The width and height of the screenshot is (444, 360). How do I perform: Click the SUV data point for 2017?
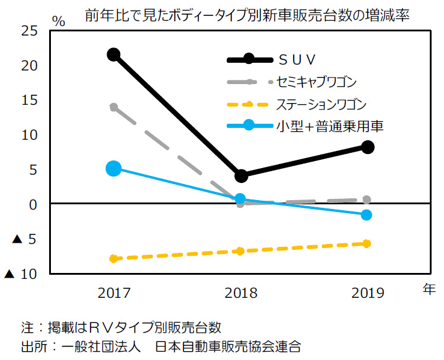coord(114,54)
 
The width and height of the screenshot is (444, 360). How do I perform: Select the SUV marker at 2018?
coord(240,176)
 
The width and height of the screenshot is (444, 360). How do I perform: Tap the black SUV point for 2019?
coord(367,147)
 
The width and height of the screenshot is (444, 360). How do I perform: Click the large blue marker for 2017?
coord(114,169)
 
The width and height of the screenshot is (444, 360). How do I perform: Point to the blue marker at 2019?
coord(367,214)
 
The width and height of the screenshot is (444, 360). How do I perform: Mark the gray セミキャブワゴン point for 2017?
coord(114,107)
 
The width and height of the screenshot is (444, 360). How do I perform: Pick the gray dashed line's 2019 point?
coord(367,200)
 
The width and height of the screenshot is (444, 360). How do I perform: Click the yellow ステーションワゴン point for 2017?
coord(114,258)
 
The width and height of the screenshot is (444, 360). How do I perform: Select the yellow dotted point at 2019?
coord(367,243)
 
